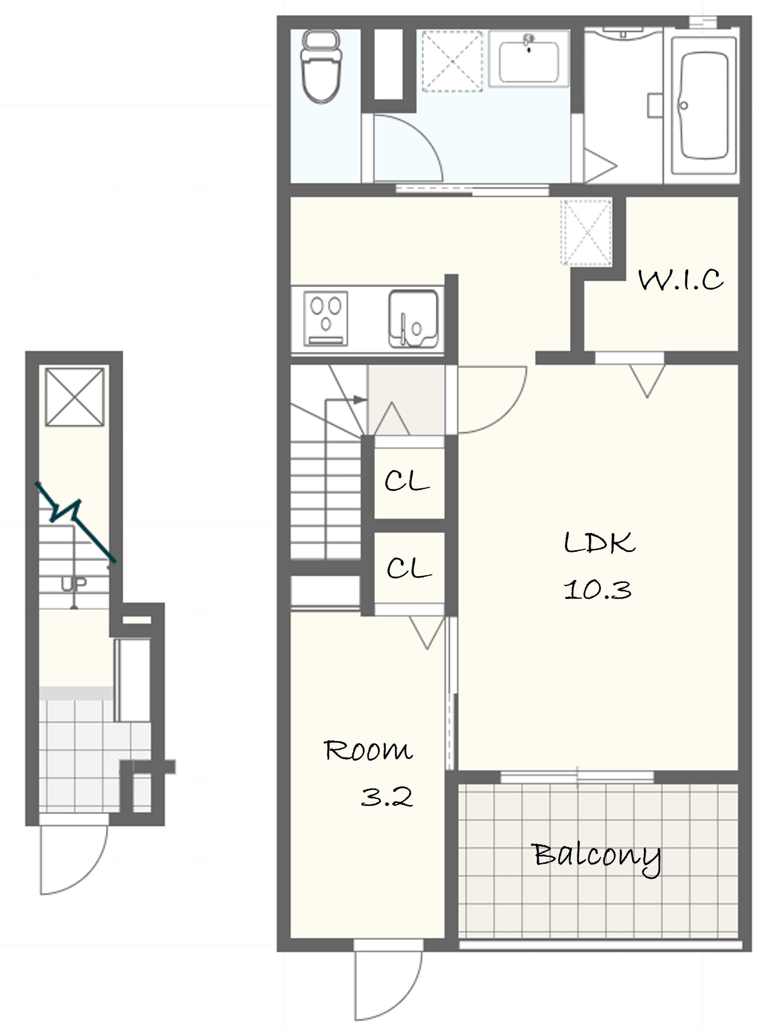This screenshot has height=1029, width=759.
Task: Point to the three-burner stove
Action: pyautogui.click(x=326, y=318)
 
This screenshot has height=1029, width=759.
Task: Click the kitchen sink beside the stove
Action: pyautogui.click(x=413, y=318)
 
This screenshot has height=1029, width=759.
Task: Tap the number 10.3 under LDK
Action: pyautogui.click(x=598, y=590)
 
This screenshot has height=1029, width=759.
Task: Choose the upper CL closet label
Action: pyautogui.click(x=407, y=481)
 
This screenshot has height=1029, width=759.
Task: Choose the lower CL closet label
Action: pyautogui.click(x=409, y=568)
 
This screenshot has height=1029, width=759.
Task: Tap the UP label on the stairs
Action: pyautogui.click(x=74, y=584)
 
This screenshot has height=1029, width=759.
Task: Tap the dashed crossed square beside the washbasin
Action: pyautogui.click(x=452, y=61)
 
